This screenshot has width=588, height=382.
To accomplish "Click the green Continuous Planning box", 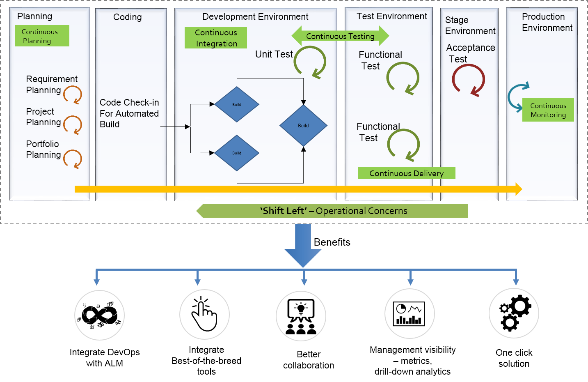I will tap(42, 36).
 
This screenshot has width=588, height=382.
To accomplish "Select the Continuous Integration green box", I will tap(215, 38).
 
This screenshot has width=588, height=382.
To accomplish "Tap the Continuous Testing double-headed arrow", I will tap(340, 36).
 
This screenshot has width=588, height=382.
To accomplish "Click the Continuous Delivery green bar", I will tap(406, 173).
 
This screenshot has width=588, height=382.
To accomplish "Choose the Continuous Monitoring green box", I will tap(548, 110).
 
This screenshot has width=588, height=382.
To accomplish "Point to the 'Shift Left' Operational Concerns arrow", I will tap(332, 211).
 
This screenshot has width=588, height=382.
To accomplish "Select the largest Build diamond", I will tap(303, 125).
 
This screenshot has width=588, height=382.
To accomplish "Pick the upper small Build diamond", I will tap(237, 104).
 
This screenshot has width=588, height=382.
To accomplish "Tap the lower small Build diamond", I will tap(237, 153).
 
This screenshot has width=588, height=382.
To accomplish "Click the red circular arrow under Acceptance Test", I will tap(469, 80).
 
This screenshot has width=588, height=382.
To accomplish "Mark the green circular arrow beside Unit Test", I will tap(310, 62).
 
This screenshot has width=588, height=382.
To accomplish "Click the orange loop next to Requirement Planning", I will tap(73, 94).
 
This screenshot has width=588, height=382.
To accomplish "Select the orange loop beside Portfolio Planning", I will tap(73, 159).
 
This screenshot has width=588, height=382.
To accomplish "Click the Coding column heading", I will tap(128, 17).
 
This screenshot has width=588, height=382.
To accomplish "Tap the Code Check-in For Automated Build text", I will tap(129, 113).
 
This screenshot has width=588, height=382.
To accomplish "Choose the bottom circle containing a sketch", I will tap(99, 315).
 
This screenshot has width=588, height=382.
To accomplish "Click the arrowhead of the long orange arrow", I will tap(518, 189).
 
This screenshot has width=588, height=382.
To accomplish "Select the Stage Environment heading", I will tap(470, 25).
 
